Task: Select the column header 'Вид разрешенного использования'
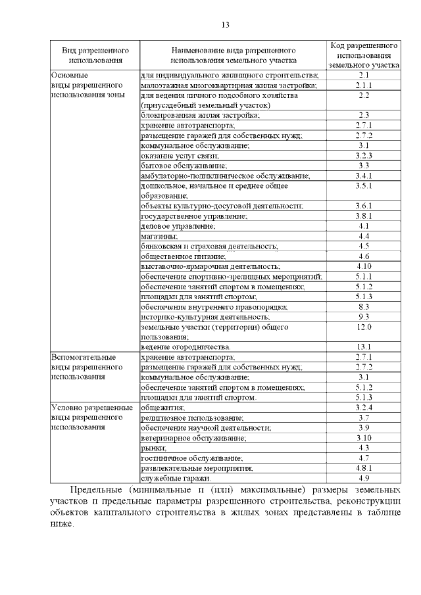click(95, 55)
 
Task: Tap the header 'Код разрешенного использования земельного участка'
click(364, 55)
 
